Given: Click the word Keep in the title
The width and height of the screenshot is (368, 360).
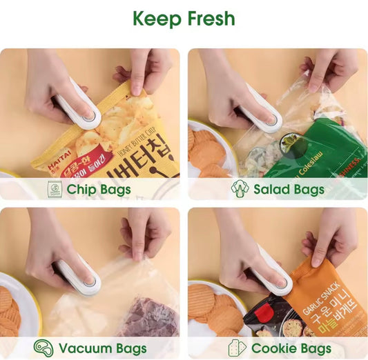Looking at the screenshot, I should click(157, 19).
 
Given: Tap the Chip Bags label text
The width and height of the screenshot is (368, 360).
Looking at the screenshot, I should click(99, 189).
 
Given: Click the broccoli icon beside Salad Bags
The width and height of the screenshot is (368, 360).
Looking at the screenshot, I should click(240, 188).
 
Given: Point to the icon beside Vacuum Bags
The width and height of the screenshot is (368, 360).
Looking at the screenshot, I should click(43, 348).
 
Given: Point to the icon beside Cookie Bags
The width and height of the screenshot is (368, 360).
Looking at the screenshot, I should click(236, 348).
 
